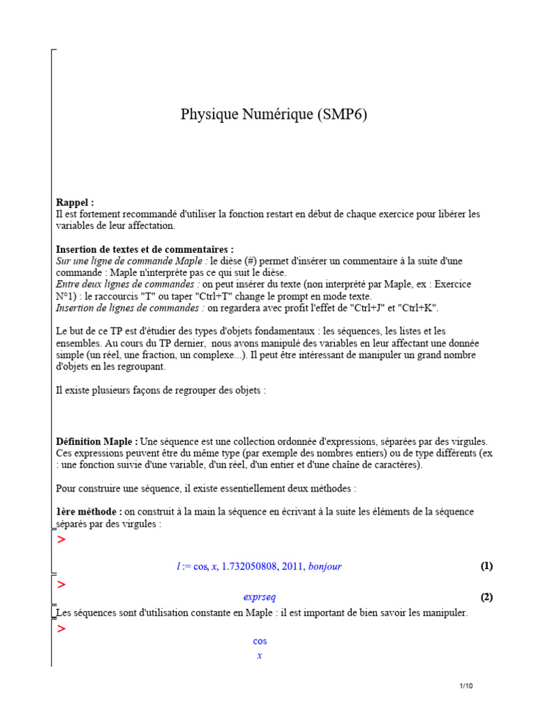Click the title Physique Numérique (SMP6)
click(274, 115)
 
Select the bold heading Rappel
click(75, 202)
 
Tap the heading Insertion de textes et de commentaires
click(144, 249)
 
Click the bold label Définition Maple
click(97, 442)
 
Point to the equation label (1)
click(486, 566)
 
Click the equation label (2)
click(486, 597)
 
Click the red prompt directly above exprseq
click(61, 584)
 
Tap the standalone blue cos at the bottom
click(260, 641)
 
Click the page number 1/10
click(466, 686)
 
